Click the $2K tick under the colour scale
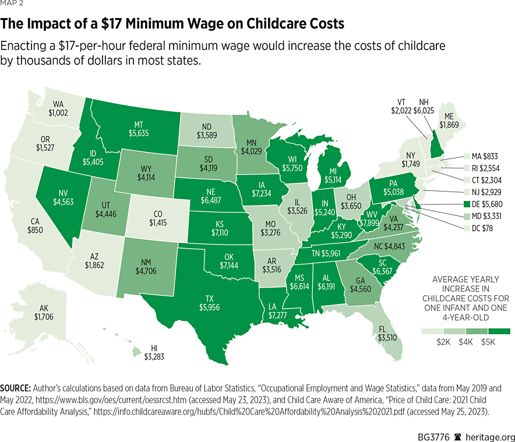point(445,342)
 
